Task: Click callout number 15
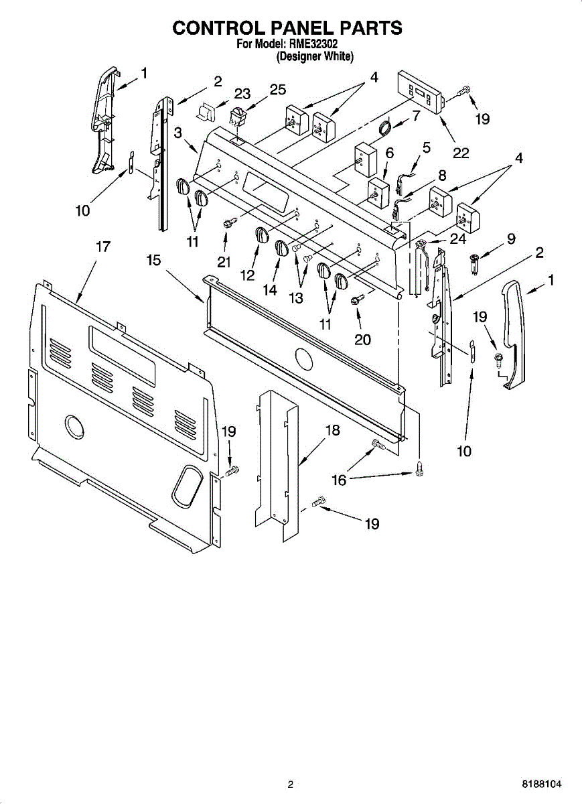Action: pyautogui.click(x=154, y=259)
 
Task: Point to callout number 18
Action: pyautogui.click(x=332, y=430)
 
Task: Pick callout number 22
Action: pyautogui.click(x=461, y=153)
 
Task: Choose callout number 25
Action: pyautogui.click(x=277, y=89)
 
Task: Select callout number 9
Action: pyautogui.click(x=511, y=238)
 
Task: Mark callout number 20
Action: pyautogui.click(x=362, y=340)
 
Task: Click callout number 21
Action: pyautogui.click(x=224, y=263)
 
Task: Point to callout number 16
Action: pyautogui.click(x=340, y=480)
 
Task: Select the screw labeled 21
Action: pyautogui.click(x=226, y=222)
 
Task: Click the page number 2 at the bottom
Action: pyautogui.click(x=290, y=784)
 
